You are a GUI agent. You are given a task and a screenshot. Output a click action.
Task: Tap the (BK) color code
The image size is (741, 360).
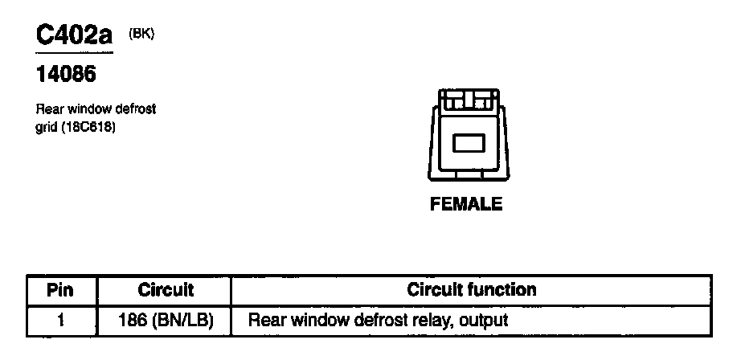point(141,33)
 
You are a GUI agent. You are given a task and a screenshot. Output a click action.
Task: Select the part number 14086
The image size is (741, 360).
point(66,75)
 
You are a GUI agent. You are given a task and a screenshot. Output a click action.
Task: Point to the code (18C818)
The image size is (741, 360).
point(89,125)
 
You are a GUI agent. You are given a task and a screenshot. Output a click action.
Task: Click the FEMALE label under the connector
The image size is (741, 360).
point(466,204)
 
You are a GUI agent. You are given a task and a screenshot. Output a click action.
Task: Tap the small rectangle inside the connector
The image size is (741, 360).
point(466,144)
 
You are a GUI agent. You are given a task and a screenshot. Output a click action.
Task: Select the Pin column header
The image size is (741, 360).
point(60,289)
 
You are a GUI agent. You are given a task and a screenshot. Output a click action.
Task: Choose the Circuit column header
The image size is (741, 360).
point(166,289)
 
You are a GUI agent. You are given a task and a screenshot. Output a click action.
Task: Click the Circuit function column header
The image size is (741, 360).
point(472,289)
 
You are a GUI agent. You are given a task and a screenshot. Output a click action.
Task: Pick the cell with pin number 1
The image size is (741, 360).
point(60,320)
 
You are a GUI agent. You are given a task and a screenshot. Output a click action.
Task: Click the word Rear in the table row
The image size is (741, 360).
point(267,320)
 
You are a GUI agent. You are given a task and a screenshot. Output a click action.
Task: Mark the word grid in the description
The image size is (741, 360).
point(46,125)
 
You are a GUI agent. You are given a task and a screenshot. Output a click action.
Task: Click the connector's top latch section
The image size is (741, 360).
point(466,100)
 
